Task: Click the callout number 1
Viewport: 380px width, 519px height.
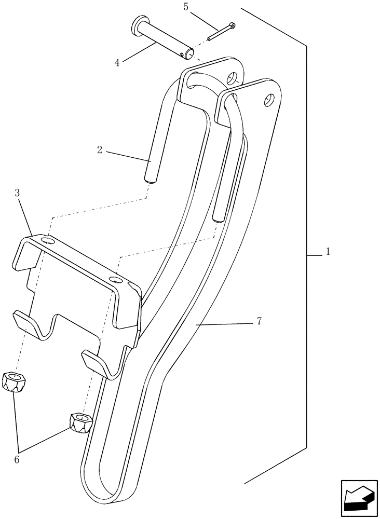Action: point(328,251)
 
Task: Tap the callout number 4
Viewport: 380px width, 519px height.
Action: point(117,63)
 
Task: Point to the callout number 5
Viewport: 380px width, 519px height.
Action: point(186,7)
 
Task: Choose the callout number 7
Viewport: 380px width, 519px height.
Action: point(258,322)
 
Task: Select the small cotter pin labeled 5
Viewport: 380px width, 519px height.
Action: point(221,31)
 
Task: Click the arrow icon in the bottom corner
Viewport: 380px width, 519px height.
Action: point(359,498)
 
